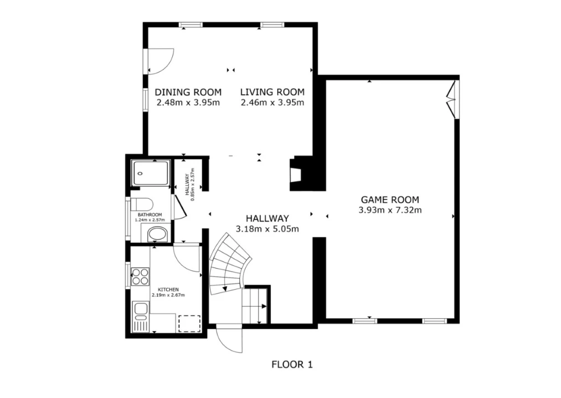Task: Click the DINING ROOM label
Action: [x=188, y=92]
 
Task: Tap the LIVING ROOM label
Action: [x=272, y=92]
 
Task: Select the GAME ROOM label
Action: [x=390, y=200]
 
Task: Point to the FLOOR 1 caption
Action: [x=292, y=364]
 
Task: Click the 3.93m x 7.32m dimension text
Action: [x=390, y=210]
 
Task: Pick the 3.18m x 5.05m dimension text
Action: [x=267, y=229]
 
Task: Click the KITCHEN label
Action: [x=168, y=290]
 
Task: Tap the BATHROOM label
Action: [x=150, y=214]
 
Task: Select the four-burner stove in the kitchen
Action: [x=140, y=276]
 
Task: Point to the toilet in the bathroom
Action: [x=142, y=205]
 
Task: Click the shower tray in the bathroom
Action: [x=151, y=174]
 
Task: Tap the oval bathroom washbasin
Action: [x=157, y=235]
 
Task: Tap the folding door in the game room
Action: [x=451, y=99]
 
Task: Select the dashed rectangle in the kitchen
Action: [x=189, y=323]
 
